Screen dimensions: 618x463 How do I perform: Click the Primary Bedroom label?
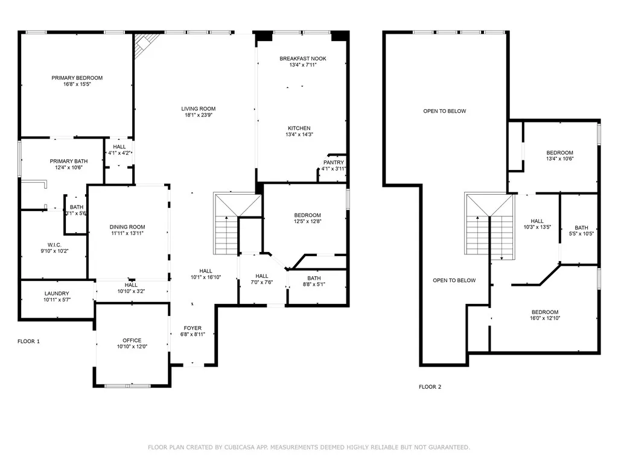tap(77, 78)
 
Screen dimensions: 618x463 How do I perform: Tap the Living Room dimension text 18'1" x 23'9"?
tap(198, 115)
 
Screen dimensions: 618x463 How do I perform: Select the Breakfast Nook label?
tap(303, 58)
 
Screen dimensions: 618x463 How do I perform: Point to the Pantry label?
tap(333, 163)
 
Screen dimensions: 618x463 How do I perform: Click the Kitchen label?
tap(299, 128)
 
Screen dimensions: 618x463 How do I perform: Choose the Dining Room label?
tap(127, 227)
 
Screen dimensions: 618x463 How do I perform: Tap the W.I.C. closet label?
tap(54, 245)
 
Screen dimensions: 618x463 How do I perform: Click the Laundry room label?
tap(57, 294)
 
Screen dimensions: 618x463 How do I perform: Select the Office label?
tap(132, 341)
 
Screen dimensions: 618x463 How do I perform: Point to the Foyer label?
tap(193, 329)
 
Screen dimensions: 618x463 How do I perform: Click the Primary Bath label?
tap(69, 162)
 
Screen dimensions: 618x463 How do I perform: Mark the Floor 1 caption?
tap(29, 341)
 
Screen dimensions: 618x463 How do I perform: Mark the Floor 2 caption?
tap(430, 387)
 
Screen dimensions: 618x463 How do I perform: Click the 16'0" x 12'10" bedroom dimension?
tap(545, 318)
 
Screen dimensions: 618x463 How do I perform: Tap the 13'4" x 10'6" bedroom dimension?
tap(559, 159)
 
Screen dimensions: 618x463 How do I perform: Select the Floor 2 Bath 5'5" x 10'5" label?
tap(581, 231)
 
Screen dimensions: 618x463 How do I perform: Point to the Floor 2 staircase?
tap(489, 225)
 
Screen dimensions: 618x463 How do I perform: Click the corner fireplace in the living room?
tap(145, 43)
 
